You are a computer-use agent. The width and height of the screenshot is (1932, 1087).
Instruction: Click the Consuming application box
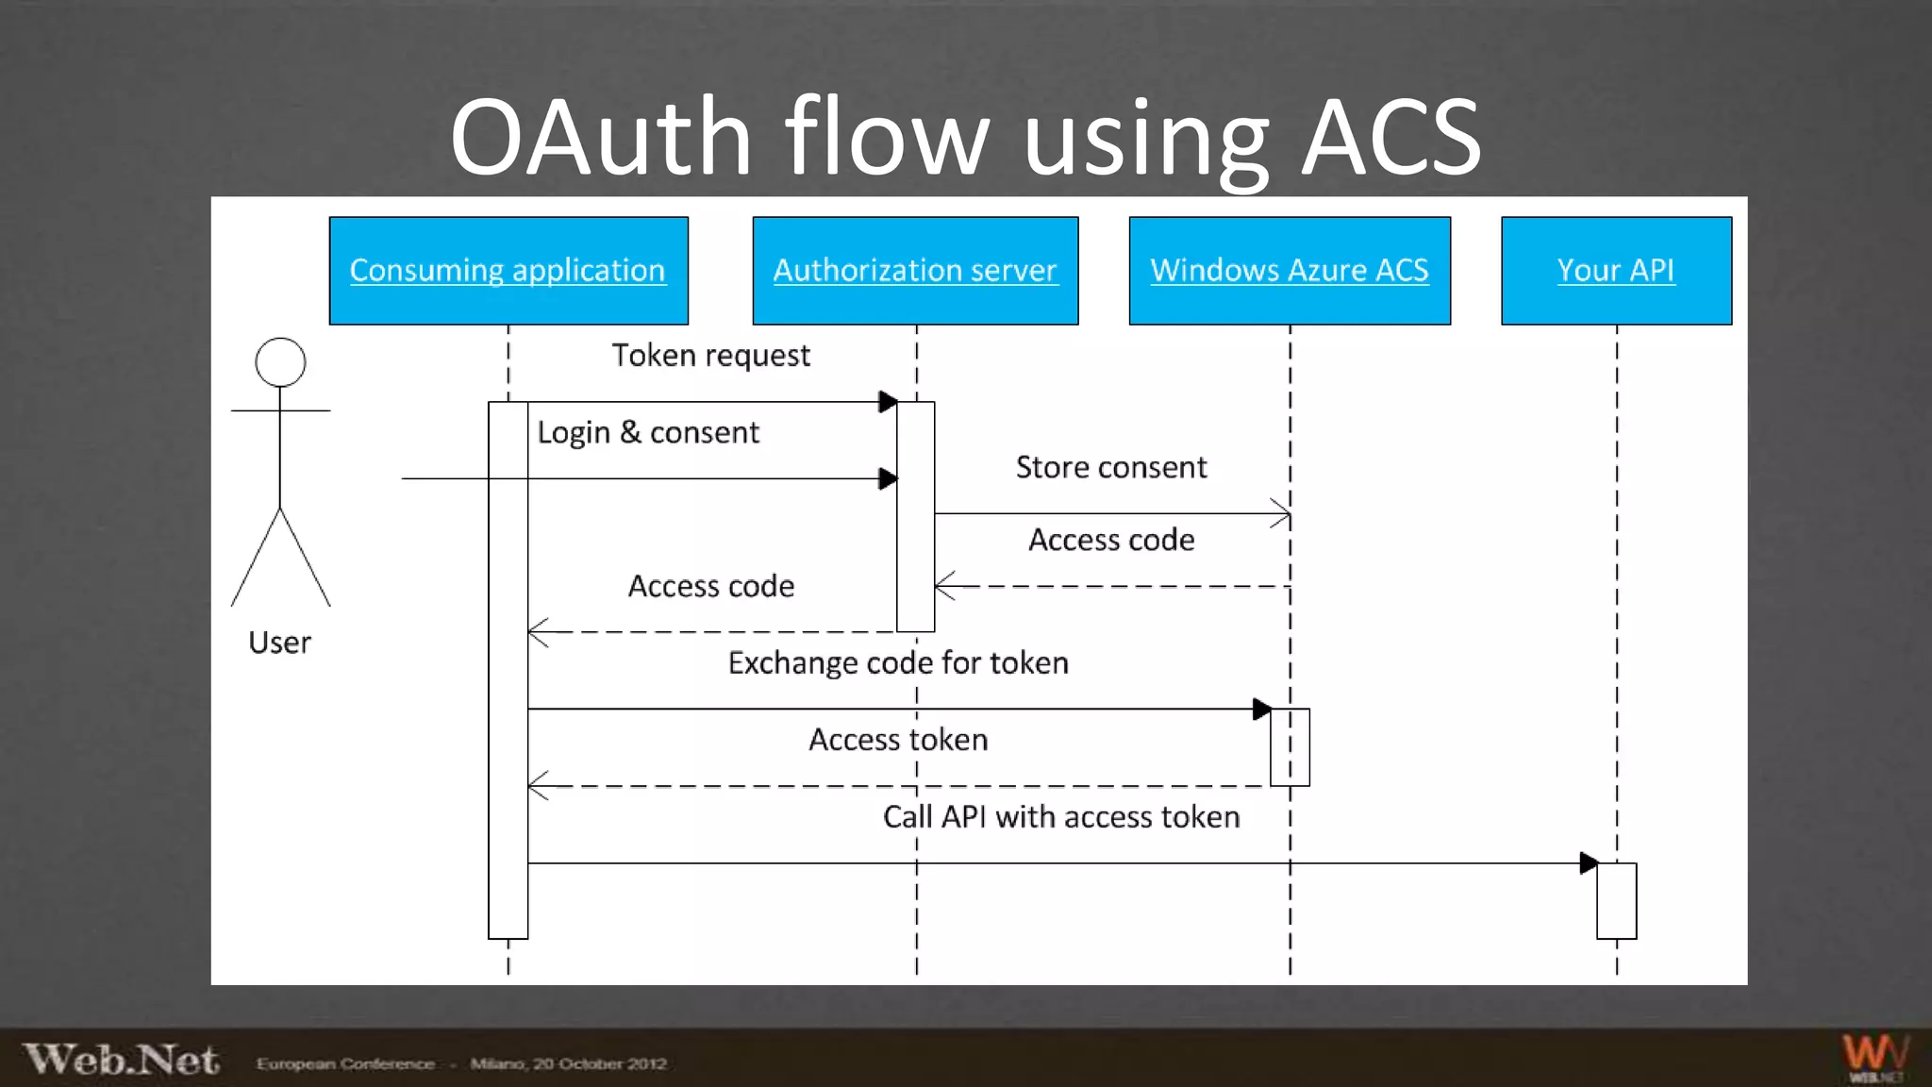[x=508, y=271]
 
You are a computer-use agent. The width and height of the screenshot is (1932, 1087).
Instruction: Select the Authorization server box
[x=915, y=271]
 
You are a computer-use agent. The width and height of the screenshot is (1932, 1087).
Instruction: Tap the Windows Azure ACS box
[x=1290, y=271]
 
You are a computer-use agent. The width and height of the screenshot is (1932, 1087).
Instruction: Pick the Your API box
[x=1616, y=271]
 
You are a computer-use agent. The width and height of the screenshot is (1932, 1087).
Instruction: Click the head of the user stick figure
[x=280, y=362]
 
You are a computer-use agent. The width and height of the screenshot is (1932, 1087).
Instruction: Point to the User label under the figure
[x=279, y=643]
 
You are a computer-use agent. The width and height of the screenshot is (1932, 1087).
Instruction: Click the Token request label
[x=710, y=356]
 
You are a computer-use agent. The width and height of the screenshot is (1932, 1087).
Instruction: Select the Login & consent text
[x=648, y=433]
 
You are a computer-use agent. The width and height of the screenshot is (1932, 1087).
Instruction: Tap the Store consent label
[x=1111, y=468]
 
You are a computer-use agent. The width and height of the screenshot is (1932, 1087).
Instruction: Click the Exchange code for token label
[x=898, y=663]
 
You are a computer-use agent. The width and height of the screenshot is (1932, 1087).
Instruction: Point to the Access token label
[x=898, y=740]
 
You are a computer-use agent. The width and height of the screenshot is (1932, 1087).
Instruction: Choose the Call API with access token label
[x=1061, y=817]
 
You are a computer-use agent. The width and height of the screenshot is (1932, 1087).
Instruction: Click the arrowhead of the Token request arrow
[x=888, y=402]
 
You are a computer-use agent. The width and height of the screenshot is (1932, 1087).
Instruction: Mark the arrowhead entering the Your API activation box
[x=1589, y=862]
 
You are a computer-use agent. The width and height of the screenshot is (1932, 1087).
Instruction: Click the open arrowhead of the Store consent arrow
[x=1282, y=514]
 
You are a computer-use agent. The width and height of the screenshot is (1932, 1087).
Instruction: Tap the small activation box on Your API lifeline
[x=1616, y=901]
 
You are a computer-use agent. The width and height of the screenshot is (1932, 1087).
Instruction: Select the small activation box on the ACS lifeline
[x=1290, y=747]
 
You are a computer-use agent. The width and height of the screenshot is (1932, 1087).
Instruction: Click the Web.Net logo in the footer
[x=121, y=1060]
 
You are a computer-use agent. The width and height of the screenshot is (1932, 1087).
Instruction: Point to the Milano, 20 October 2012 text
[x=569, y=1064]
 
